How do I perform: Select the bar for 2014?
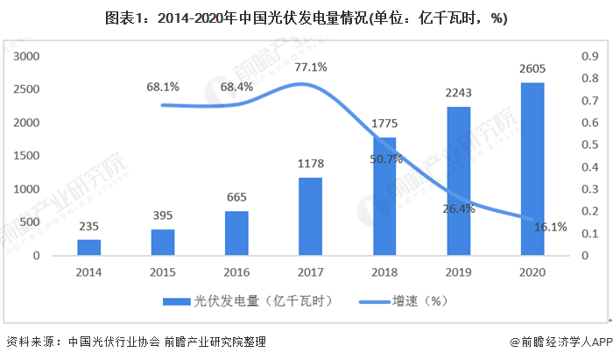[x=88, y=248]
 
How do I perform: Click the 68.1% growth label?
[x=163, y=87]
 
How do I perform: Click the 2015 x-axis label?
[x=162, y=272]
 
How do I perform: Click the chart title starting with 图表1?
[x=306, y=18]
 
